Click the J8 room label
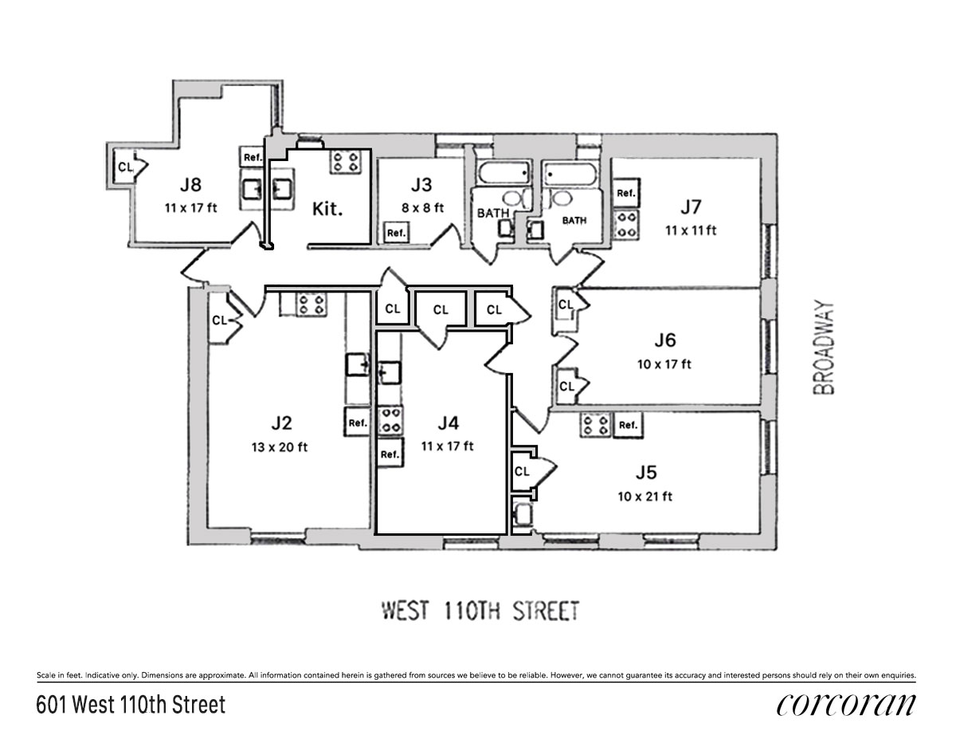click(x=190, y=185)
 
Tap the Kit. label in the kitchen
click(x=327, y=210)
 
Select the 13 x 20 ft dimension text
click(x=279, y=446)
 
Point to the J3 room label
click(x=421, y=185)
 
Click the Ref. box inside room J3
click(x=396, y=233)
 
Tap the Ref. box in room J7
click(x=625, y=193)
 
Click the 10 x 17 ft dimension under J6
click(x=664, y=364)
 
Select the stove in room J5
click(x=596, y=425)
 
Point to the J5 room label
click(x=646, y=472)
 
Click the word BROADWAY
click(x=825, y=347)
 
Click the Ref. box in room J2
click(x=358, y=423)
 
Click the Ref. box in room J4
click(x=390, y=454)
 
